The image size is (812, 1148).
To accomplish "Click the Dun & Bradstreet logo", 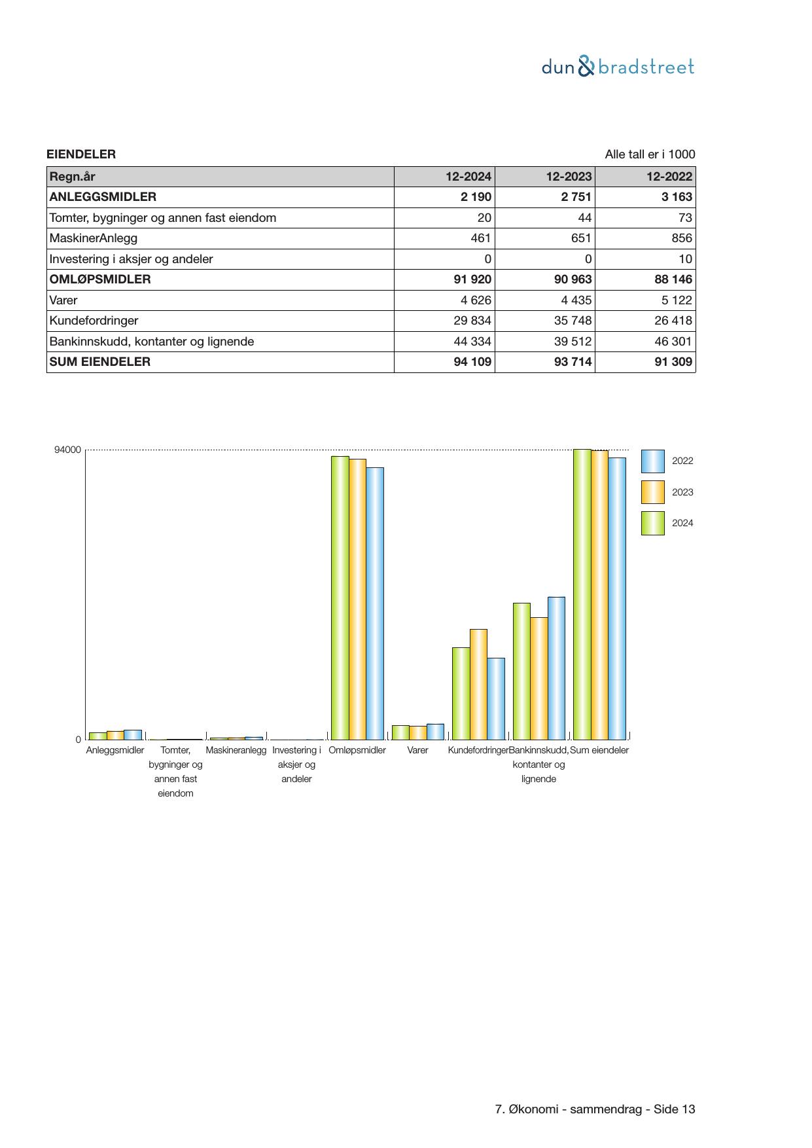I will pyautogui.click(x=618, y=67).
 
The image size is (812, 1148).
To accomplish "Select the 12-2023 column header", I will pyautogui.click(x=569, y=177).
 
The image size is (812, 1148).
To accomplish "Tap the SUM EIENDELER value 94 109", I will pyautogui.click(x=472, y=362).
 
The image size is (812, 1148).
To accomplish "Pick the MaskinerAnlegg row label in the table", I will pyautogui.click(x=93, y=238).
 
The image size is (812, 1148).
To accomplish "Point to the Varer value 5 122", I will pyautogui.click(x=673, y=300).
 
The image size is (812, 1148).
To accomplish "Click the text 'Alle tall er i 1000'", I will pyautogui.click(x=649, y=154).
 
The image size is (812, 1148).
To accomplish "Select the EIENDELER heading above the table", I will pyautogui.click(x=81, y=154).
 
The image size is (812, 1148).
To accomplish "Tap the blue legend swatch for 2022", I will pyautogui.click(x=652, y=461).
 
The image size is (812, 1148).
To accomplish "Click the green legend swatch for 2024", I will pyautogui.click(x=652, y=524).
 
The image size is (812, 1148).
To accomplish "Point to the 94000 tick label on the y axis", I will pyautogui.click(x=68, y=450).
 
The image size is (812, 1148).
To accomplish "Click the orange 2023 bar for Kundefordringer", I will pyautogui.click(x=478, y=684).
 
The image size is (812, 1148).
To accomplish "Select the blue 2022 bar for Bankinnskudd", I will pyautogui.click(x=556, y=668).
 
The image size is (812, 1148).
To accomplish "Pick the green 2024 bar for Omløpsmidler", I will pyautogui.click(x=340, y=598).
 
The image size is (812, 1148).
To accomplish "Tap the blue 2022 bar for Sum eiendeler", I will pyautogui.click(x=617, y=598).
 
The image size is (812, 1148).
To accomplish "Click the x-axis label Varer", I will pyautogui.click(x=417, y=750).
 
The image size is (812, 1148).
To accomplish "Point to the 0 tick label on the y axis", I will pyautogui.click(x=79, y=740).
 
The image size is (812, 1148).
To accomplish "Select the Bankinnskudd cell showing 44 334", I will pyautogui.click(x=472, y=342).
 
